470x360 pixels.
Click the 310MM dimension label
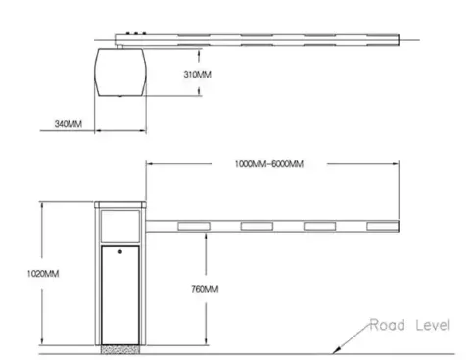(x=197, y=75)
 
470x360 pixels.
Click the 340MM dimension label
(x=69, y=124)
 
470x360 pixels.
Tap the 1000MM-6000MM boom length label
(x=269, y=163)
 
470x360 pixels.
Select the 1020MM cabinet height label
(x=43, y=273)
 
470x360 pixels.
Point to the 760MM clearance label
(x=205, y=289)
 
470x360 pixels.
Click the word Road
(x=388, y=325)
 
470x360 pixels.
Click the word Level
(x=433, y=325)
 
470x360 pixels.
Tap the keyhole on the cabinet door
(x=120, y=251)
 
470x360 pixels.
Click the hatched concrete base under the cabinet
(x=120, y=349)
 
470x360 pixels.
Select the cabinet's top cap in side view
(x=120, y=204)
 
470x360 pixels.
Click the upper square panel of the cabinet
(x=120, y=226)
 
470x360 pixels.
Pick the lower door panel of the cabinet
(x=120, y=294)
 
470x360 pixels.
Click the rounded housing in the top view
(x=120, y=72)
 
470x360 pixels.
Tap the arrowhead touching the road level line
(x=337, y=350)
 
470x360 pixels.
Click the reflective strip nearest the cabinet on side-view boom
(x=194, y=226)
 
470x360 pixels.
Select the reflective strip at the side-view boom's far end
(x=382, y=226)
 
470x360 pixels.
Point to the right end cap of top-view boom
(x=398, y=40)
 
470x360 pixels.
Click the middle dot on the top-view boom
(x=136, y=33)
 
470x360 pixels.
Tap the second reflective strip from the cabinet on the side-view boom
(x=257, y=226)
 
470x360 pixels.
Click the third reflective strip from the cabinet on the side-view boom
(x=319, y=226)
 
